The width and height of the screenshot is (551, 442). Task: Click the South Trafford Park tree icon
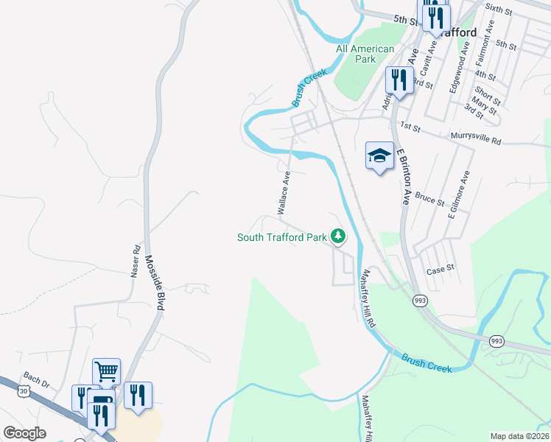click(x=338, y=236)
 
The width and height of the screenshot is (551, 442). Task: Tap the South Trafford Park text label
click(x=281, y=237)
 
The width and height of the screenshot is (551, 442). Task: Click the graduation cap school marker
click(x=379, y=155)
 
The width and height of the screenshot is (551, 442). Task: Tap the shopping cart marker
click(x=106, y=371)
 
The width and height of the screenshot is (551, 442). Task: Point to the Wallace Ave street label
click(x=284, y=193)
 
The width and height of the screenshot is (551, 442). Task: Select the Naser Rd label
click(x=136, y=261)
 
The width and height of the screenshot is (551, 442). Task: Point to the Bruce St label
click(x=429, y=200)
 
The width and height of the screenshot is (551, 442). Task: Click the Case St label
click(x=441, y=271)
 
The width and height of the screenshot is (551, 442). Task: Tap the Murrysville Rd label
click(x=475, y=138)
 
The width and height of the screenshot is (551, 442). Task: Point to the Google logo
click(x=24, y=433)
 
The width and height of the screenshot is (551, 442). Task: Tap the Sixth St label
click(x=499, y=9)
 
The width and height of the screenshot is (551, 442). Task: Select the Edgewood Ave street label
click(x=459, y=71)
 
